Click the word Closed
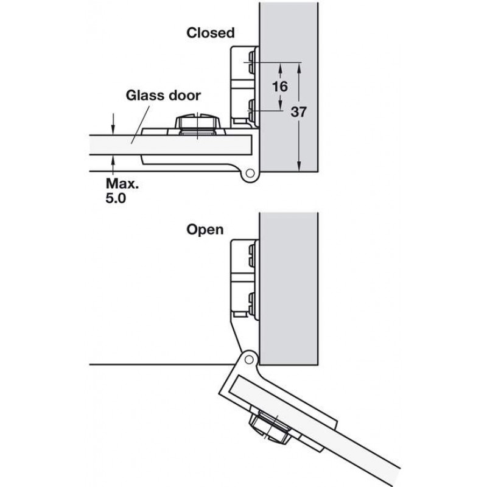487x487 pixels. click(210, 33)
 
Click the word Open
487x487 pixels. click(205, 230)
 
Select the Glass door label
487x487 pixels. click(163, 96)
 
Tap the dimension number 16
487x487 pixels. click(280, 86)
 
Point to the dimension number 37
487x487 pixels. click(298, 112)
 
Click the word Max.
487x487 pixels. click(122, 184)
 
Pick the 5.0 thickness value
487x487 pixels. click(116, 198)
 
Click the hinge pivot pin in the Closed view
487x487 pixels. click(250, 173)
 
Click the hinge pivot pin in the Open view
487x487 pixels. click(249, 360)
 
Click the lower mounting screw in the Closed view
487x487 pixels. click(251, 110)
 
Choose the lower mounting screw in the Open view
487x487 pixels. click(252, 303)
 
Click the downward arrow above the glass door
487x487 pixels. click(113, 124)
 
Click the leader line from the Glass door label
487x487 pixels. click(141, 125)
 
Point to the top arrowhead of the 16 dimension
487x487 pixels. click(280, 68)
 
